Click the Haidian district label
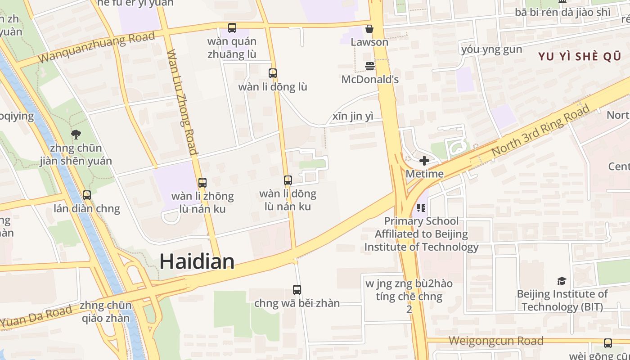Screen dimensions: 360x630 click(x=197, y=261)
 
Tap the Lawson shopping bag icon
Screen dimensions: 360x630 click(x=369, y=29)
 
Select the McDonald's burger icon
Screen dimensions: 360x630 click(x=370, y=66)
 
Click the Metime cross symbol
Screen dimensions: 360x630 click(x=424, y=161)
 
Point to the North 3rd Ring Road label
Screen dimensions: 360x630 click(x=540, y=131)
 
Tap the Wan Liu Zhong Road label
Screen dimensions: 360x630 click(x=182, y=102)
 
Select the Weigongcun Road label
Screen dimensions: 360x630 click(x=496, y=341)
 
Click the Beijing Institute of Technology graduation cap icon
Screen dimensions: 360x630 click(x=562, y=281)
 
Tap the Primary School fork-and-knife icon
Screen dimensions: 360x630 click(x=421, y=207)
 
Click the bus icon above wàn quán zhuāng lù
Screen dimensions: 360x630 click(x=232, y=28)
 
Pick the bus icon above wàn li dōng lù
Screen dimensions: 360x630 click(x=273, y=73)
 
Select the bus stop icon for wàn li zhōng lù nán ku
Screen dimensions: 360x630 click(x=202, y=182)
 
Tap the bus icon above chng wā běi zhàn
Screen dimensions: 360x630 click(x=297, y=289)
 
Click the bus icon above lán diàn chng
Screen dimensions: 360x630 click(x=87, y=195)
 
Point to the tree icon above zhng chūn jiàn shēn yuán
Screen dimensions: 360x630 click(x=76, y=134)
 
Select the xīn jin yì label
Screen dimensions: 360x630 click(x=353, y=117)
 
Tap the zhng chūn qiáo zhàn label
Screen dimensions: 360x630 click(x=105, y=312)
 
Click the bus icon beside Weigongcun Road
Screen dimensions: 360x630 click(x=608, y=343)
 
